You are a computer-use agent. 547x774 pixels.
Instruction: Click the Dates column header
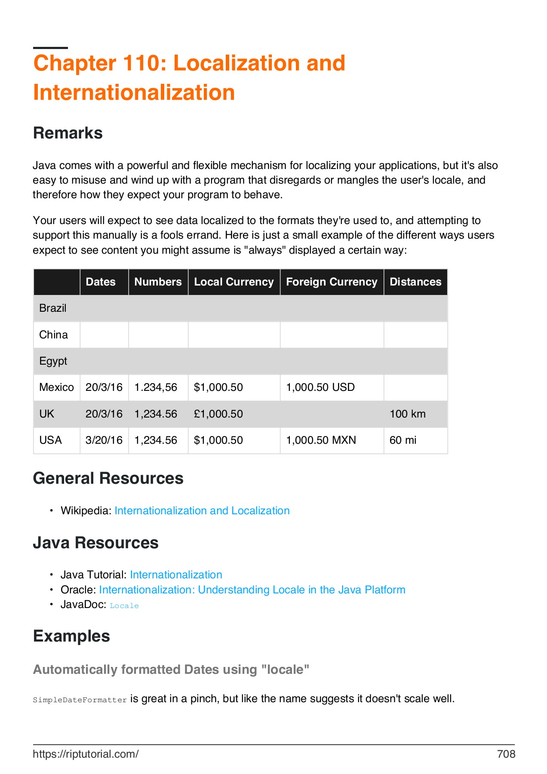pos(101,282)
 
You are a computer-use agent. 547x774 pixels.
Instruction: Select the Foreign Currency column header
pos(332,282)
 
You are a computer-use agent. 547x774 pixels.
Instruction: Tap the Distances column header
pos(415,282)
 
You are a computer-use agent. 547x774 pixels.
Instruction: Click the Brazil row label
pos(53,308)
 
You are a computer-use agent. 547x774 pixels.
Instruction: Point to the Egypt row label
pos(53,361)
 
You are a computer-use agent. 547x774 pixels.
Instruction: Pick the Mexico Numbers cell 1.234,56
pos(156,387)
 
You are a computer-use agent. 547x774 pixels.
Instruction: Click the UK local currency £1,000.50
pos(218,414)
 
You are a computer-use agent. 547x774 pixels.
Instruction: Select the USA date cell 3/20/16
pos(104,440)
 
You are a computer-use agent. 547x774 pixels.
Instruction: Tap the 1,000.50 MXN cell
pos(321,440)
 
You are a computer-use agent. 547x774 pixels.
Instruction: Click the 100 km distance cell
pos(408,414)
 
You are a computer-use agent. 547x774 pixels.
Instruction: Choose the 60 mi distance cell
pos(403,440)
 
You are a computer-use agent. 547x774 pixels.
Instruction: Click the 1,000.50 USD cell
pos(320,387)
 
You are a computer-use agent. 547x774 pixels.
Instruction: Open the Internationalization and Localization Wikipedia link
pos(202,511)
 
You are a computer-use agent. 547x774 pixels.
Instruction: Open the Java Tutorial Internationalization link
pos(176,575)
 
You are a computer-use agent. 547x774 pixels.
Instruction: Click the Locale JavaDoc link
pos(124,606)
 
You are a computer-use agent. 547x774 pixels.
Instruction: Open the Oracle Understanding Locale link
pos(252,590)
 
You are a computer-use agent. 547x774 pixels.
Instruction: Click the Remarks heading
pos(68,133)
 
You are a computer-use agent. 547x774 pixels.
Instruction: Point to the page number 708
pos(506,754)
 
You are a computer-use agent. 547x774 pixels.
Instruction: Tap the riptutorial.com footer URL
pos(86,754)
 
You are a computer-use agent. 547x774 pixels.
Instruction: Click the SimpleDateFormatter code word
pos(80,700)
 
